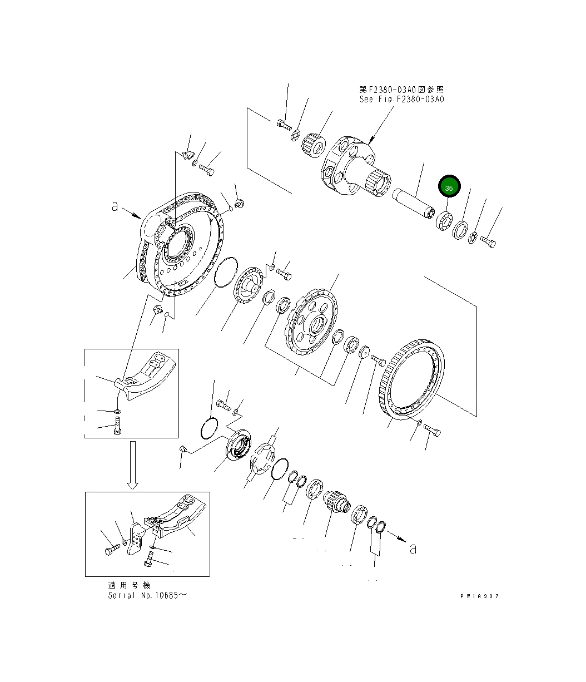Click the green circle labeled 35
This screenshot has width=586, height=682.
449,187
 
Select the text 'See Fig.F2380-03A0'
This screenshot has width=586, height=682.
401,99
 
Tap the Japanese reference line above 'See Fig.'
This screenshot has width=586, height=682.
401,89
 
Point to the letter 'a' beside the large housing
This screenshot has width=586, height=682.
115,206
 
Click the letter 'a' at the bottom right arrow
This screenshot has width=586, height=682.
413,548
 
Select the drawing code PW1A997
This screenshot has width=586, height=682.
479,596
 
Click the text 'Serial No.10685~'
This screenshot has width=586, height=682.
147,595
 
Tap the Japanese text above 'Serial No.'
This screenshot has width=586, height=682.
129,585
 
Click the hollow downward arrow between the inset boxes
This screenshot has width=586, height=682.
132,465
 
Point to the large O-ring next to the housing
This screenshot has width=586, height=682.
226,273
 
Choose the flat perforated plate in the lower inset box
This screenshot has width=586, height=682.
135,537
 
